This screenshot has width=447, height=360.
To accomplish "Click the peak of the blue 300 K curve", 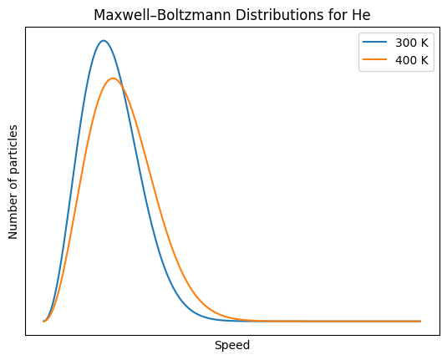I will coord(103,40).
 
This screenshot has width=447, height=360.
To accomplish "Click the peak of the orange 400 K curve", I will coord(113,79).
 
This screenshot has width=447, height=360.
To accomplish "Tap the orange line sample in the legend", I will coord(373,60).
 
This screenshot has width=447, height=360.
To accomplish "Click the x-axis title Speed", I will coord(232,345).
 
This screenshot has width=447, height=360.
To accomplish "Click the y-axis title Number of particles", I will coord(13,182).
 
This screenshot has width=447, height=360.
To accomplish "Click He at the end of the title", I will coord(361,14).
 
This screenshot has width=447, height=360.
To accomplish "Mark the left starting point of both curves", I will coord(44,321).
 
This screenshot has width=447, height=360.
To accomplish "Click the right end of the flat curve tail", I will coord(419,321).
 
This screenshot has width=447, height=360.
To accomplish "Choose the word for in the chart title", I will coord(339,14).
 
